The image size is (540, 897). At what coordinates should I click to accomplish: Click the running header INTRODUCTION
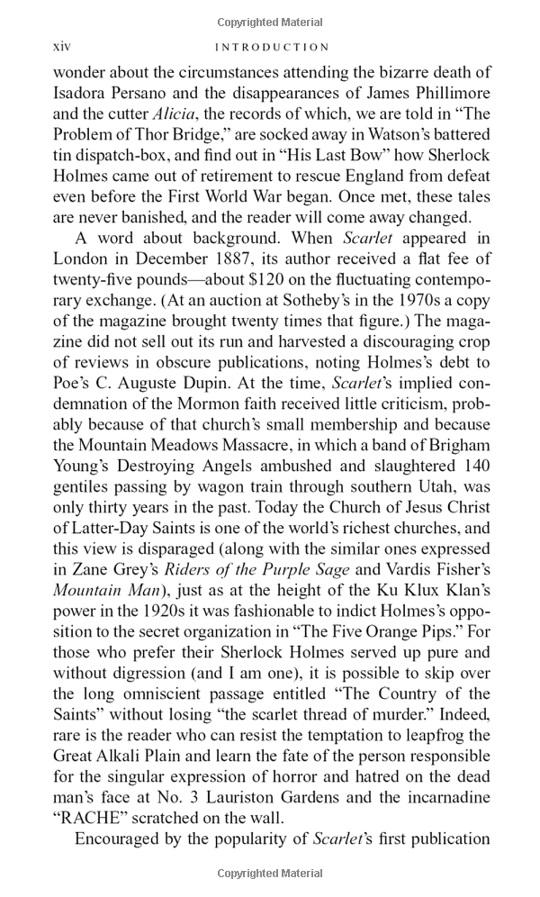click(269, 47)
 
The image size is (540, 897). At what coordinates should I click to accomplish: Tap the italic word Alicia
click(179, 114)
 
